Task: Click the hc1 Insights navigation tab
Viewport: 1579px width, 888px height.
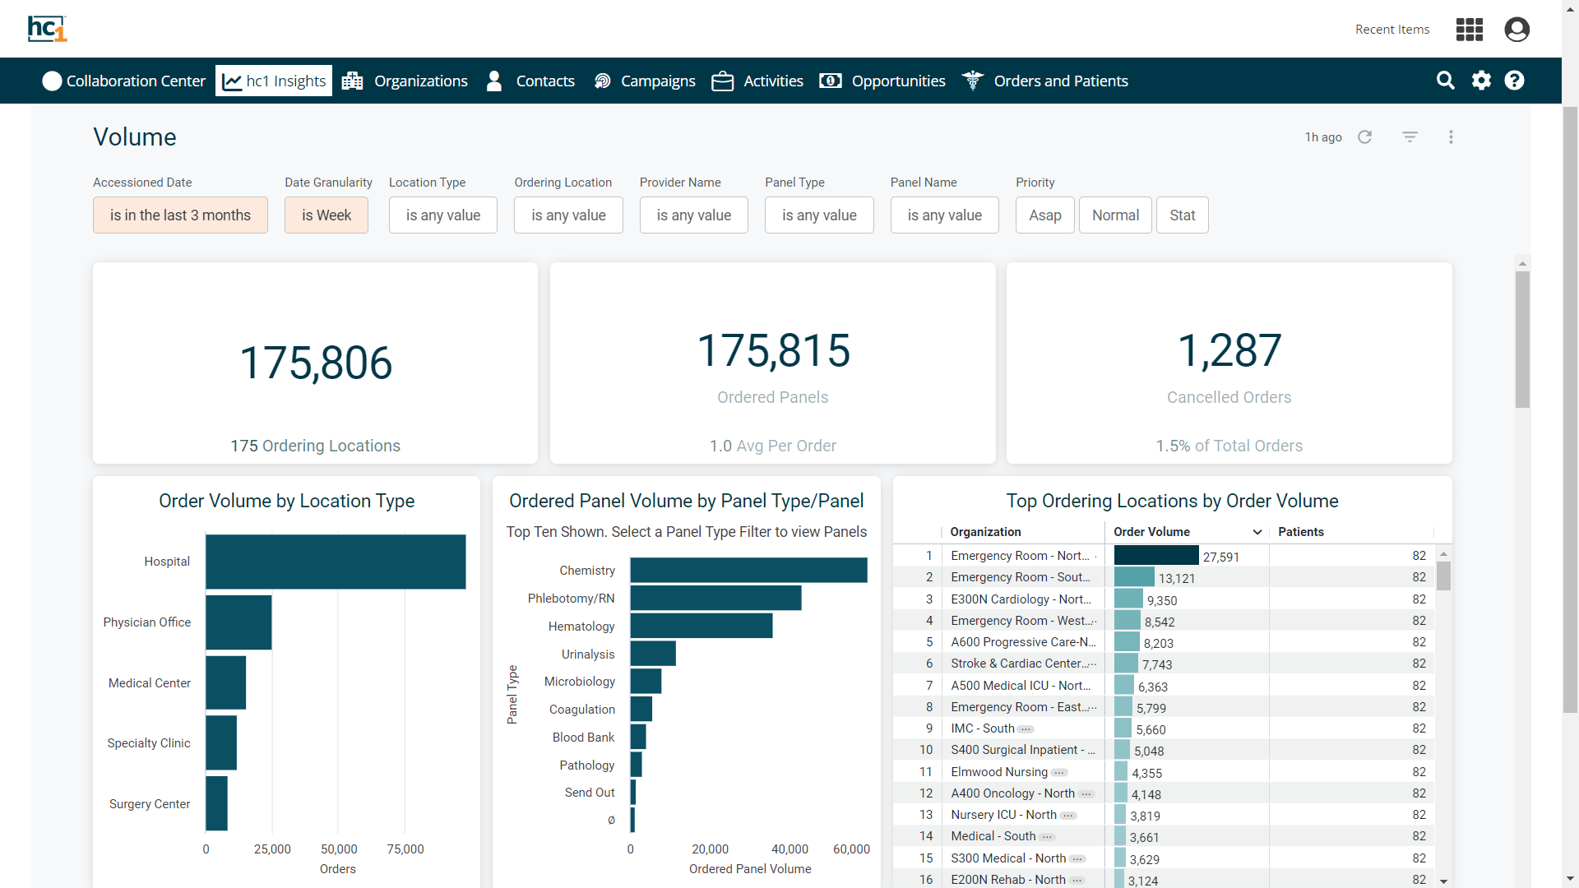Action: (274, 81)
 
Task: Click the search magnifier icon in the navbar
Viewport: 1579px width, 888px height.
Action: (1445, 81)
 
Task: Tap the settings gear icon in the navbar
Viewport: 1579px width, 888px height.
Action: (1481, 81)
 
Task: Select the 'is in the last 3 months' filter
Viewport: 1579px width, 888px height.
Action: (180, 215)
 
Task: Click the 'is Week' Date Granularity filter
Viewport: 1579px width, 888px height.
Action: (326, 215)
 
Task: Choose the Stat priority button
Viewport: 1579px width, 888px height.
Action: (1182, 215)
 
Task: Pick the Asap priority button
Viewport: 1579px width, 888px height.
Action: (1044, 215)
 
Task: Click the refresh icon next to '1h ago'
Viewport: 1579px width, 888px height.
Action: (1365, 137)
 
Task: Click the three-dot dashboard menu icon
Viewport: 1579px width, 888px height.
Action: (1451, 137)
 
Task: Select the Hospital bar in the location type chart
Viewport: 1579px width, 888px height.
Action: (336, 562)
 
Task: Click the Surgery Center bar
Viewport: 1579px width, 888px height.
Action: (216, 803)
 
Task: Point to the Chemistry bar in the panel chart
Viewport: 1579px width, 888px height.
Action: (748, 571)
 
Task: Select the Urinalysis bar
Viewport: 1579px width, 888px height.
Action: (653, 654)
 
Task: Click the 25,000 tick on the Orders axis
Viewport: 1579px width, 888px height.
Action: (272, 849)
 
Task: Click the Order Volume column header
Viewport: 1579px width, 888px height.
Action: (1151, 532)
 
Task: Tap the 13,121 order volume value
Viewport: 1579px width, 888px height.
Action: (1177, 578)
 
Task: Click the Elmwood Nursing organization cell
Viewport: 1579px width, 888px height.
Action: (999, 772)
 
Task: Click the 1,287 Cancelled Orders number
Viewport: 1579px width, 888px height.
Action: (1229, 351)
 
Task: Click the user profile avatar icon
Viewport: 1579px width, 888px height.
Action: (1516, 30)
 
